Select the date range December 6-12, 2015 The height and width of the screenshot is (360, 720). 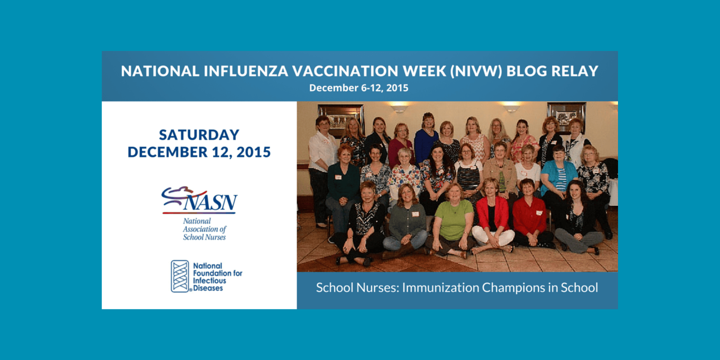point(358,88)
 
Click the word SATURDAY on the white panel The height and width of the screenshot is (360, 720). point(199,135)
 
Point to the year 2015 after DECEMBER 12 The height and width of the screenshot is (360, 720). point(253,152)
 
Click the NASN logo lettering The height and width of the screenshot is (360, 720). point(210,202)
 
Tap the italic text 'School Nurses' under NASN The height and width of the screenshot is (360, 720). point(204,237)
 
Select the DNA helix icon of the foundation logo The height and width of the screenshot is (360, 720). point(180,276)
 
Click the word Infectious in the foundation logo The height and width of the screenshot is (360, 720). point(209,280)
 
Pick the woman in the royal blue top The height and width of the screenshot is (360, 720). point(426,141)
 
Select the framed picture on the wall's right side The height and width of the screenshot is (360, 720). point(566,116)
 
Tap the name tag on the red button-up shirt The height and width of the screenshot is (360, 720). point(538,213)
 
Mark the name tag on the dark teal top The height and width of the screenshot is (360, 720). point(338,177)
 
